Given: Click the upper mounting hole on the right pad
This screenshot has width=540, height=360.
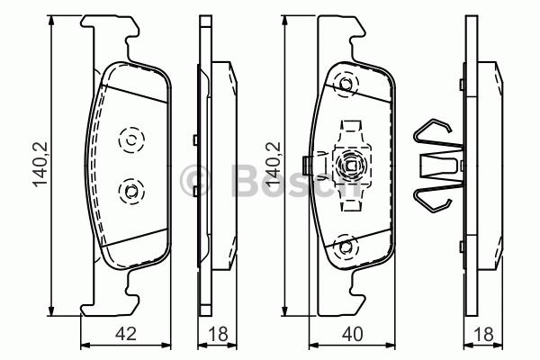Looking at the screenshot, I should [x=345, y=86].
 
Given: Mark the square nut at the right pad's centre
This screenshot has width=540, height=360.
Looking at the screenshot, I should [x=349, y=166].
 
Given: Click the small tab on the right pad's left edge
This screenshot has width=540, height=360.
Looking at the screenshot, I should [x=309, y=165].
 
